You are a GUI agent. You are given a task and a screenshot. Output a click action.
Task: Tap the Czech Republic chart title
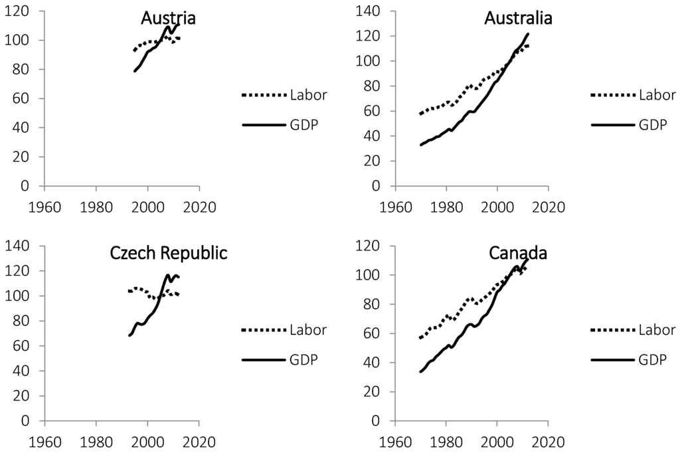pyautogui.click(x=169, y=254)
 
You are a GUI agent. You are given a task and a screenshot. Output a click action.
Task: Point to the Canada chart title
pyautogui.click(x=518, y=254)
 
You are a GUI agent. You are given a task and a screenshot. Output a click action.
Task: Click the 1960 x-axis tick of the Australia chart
pyautogui.click(x=395, y=206)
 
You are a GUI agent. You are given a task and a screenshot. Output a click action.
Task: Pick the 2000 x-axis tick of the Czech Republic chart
pyautogui.click(x=147, y=441)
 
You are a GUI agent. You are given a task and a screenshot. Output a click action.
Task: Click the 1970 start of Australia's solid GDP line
pyautogui.click(x=421, y=144)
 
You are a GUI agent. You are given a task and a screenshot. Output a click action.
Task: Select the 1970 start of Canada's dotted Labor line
pyautogui.click(x=420, y=338)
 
